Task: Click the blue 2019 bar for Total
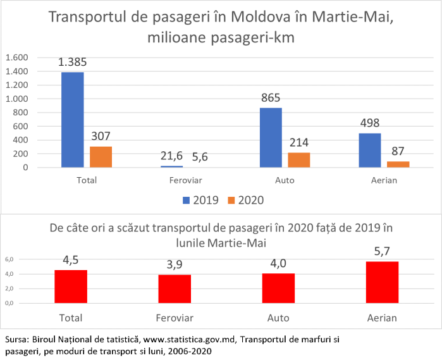tap(73, 120)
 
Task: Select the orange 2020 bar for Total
tap(101, 157)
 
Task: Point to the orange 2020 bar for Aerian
tap(398, 164)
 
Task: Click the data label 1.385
tap(73, 63)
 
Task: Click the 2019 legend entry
tap(200, 200)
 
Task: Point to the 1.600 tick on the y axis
tap(17, 58)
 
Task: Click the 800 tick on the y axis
tap(20, 113)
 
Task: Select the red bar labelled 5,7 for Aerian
tap(383, 282)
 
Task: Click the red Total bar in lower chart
tap(71, 287)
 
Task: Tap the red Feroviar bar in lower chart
tap(175, 289)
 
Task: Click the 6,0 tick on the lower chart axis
tap(9, 259)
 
